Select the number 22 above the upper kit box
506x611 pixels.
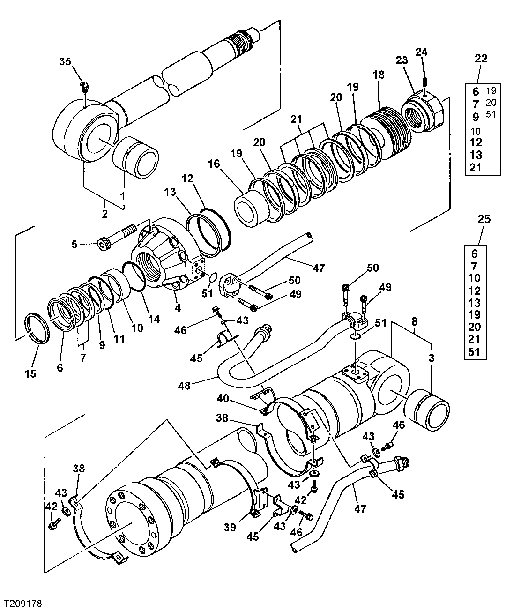pos(481,59)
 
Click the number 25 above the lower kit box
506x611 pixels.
pos(484,219)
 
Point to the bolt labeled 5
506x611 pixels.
pos(117,237)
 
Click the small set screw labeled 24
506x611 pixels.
pos(424,81)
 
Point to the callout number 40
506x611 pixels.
pos(223,398)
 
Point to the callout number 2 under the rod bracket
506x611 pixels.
pos(104,214)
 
